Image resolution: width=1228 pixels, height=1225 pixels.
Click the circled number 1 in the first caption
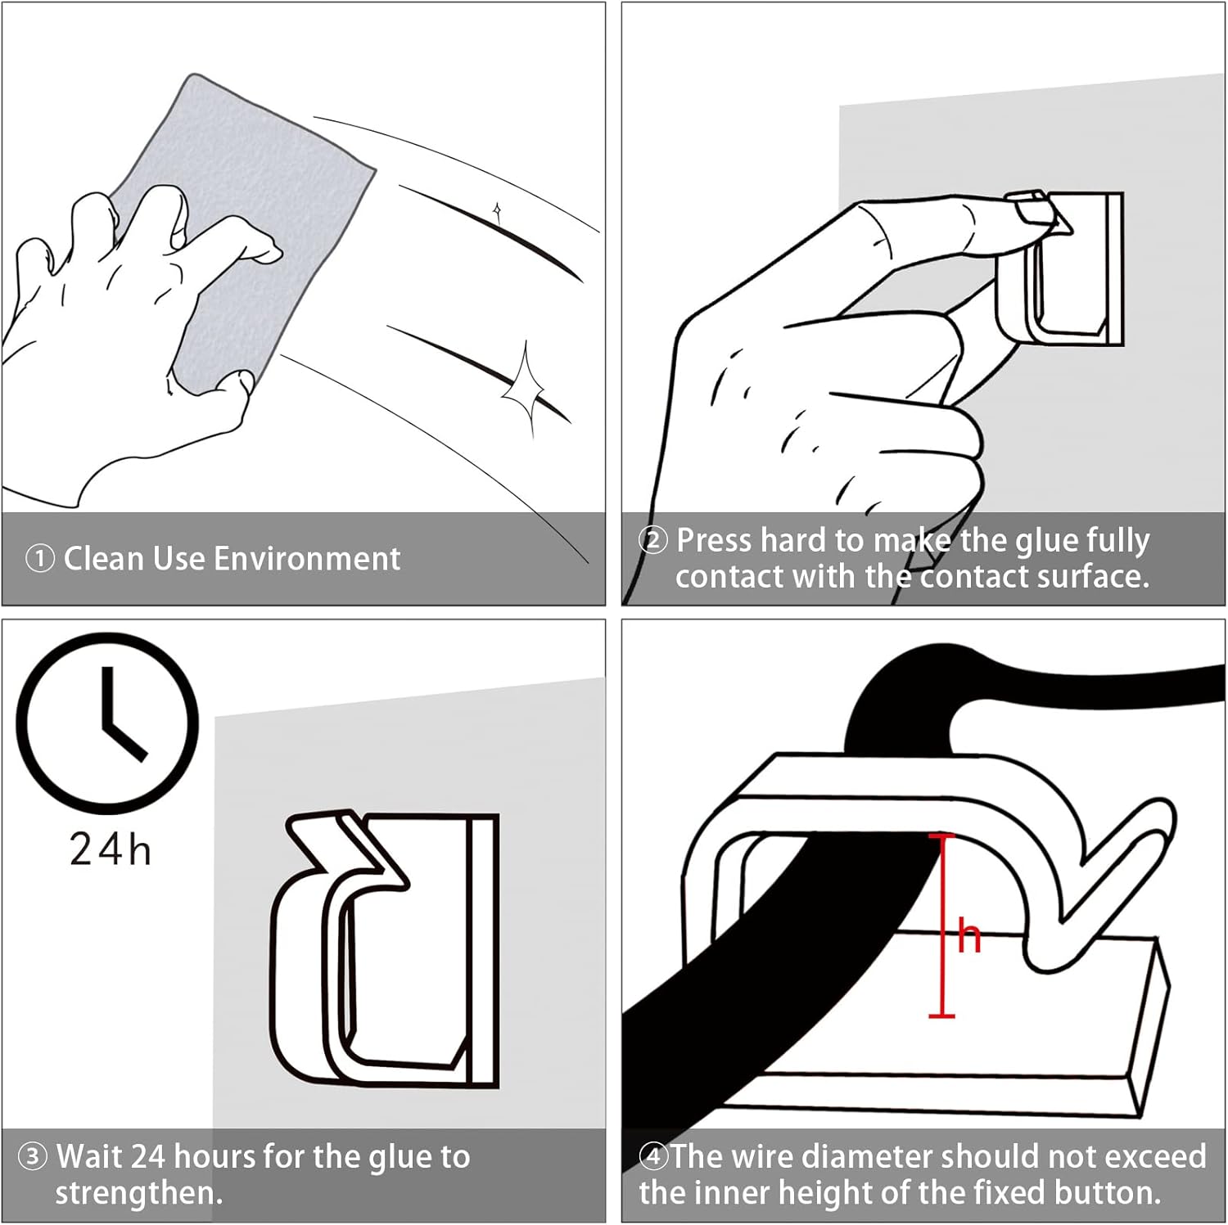tap(39, 560)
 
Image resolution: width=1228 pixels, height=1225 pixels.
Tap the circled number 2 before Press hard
tap(652, 541)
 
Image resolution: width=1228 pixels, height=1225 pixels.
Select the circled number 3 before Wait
tap(33, 1157)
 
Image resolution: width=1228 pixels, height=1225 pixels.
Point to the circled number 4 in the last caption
tap(653, 1157)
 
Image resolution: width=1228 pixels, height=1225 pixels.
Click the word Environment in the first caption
tap(308, 559)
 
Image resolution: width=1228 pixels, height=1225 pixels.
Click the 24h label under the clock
tap(110, 849)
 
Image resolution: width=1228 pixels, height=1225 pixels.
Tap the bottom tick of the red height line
tap(941, 1016)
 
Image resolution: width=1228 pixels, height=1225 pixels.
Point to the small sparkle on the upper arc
tap(497, 212)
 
